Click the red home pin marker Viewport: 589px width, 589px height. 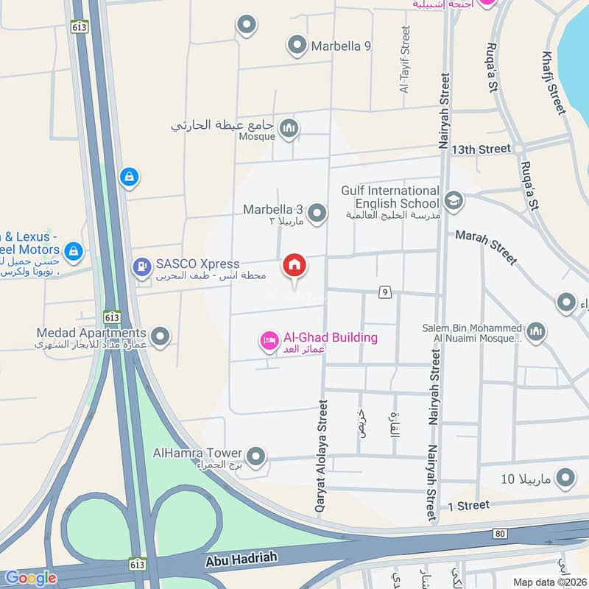[x=294, y=266]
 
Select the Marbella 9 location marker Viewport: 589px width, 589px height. [x=297, y=46]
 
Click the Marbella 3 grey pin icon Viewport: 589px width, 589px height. [x=317, y=214]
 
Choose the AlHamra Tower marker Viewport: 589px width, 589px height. [x=255, y=457]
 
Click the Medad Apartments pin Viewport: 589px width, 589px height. [x=161, y=337]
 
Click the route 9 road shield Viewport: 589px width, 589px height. [x=384, y=292]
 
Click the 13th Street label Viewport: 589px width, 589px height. [x=481, y=149]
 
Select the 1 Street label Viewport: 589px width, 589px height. [x=468, y=505]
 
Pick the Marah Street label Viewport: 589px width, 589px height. [x=486, y=246]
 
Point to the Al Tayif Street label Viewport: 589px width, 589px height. [x=404, y=59]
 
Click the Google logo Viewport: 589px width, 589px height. [x=30, y=578]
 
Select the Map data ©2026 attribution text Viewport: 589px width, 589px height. [x=549, y=582]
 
